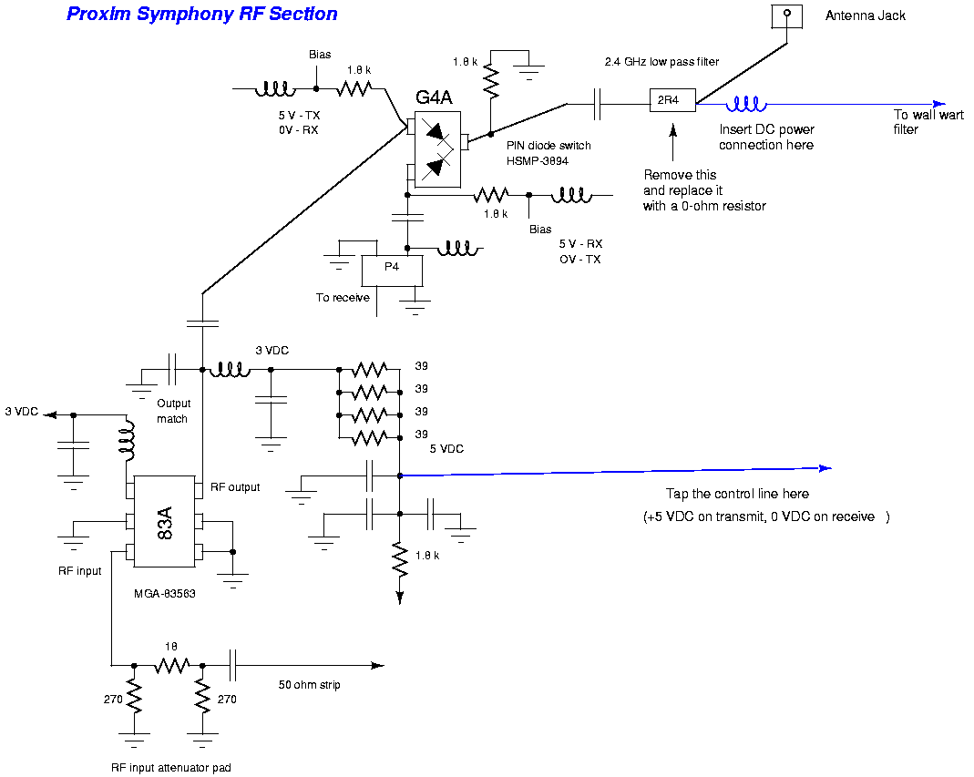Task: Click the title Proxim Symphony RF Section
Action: click(x=202, y=14)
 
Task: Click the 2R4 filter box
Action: click(x=671, y=100)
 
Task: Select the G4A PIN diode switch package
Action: click(x=437, y=150)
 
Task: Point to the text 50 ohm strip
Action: click(x=310, y=684)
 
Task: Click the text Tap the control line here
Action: click(x=737, y=494)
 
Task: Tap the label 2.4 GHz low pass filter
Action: click(x=661, y=62)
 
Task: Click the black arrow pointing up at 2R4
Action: click(x=672, y=137)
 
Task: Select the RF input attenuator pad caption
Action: click(x=170, y=768)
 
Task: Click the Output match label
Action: click(x=173, y=411)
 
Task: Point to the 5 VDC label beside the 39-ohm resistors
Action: click(x=446, y=449)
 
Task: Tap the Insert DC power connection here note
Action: click(x=765, y=138)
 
